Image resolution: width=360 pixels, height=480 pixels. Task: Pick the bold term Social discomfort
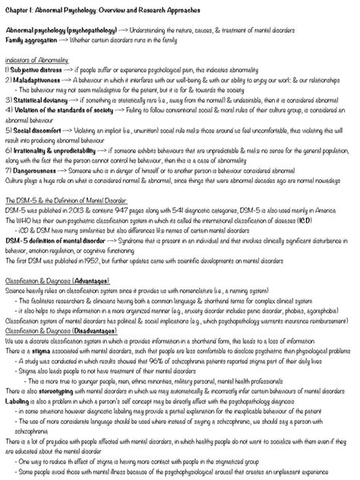(x=35, y=128)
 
